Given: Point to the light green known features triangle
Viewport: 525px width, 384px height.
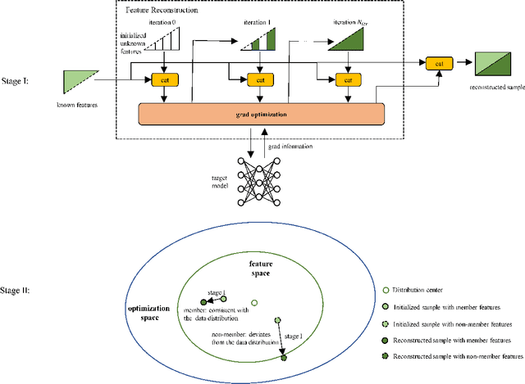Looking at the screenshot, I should coord(79,80).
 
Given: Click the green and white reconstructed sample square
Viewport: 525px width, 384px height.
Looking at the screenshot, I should coord(494,62).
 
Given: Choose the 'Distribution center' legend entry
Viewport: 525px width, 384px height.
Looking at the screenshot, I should coord(422,291).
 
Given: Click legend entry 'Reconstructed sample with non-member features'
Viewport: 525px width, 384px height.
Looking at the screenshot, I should coord(454,356).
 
